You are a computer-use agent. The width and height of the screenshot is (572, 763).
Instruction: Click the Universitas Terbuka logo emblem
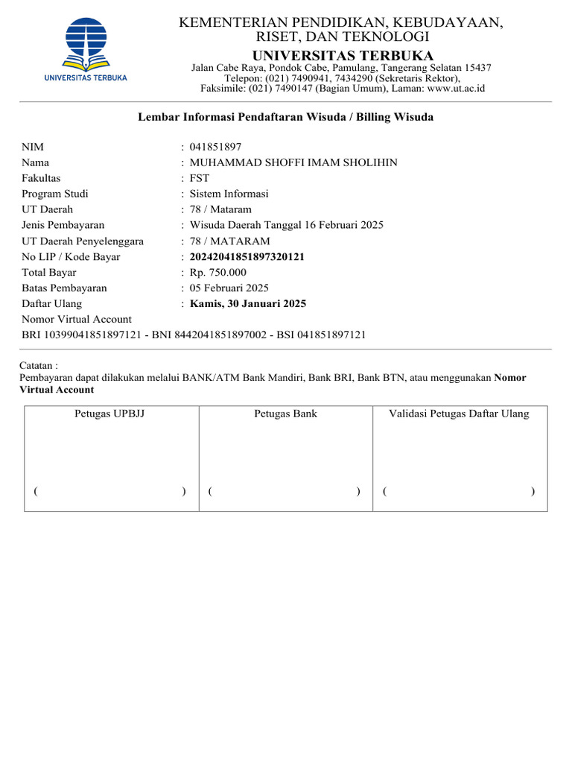click(86, 41)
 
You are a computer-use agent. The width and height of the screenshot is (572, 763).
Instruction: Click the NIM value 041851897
click(215, 147)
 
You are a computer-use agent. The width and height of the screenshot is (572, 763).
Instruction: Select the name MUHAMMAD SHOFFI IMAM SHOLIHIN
click(293, 162)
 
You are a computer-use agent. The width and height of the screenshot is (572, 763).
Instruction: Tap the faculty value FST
click(200, 178)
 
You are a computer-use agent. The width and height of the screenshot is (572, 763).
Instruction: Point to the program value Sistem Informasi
click(229, 194)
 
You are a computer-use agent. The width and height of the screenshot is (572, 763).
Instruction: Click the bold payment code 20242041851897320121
click(247, 257)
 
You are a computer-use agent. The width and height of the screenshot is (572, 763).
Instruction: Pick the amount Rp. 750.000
click(218, 273)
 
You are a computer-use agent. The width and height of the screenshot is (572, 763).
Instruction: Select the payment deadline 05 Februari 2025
click(229, 288)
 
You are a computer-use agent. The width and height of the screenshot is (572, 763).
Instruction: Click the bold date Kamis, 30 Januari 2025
click(248, 304)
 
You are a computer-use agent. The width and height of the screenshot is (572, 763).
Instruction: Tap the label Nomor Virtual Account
click(77, 320)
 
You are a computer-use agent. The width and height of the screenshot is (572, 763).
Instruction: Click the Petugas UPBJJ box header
click(109, 414)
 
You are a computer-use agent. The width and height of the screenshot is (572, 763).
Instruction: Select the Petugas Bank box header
click(285, 414)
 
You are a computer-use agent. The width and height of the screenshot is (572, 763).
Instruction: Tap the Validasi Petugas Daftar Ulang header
click(459, 414)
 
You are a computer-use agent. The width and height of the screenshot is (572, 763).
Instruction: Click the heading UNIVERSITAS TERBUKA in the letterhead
click(343, 56)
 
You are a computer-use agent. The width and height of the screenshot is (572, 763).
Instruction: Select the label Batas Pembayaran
click(64, 288)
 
